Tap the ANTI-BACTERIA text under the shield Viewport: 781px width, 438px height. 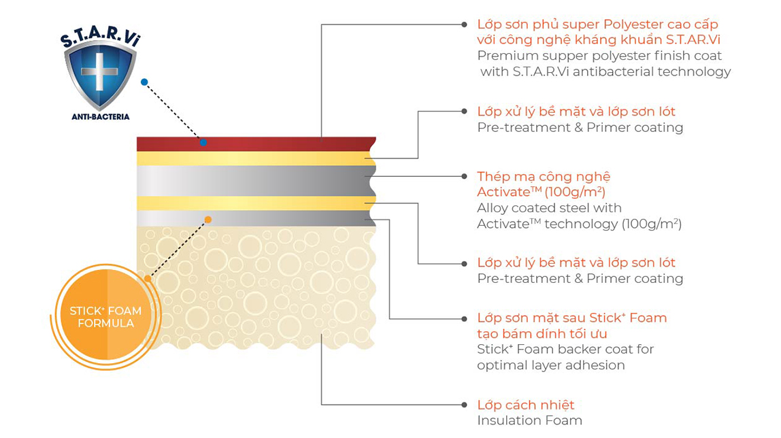pos(100,117)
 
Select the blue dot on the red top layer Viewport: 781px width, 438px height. pos(203,142)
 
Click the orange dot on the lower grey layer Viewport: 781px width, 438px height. pos(208,219)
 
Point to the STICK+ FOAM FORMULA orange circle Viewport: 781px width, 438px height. pos(105,317)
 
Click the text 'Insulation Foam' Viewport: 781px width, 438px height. pos(529,421)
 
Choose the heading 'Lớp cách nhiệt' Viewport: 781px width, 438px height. pos(526,405)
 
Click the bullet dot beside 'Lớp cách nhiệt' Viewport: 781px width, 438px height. pos(464,405)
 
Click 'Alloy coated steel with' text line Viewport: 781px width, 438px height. pos(549,208)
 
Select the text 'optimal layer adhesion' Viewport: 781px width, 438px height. pos(550,365)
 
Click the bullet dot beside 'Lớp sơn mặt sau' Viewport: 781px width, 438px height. pos(464,318)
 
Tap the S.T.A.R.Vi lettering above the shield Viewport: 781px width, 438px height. pos(101,39)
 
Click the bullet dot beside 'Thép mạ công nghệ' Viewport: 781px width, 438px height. pos(464,176)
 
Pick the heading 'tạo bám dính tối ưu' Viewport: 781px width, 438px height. pos(542,334)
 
